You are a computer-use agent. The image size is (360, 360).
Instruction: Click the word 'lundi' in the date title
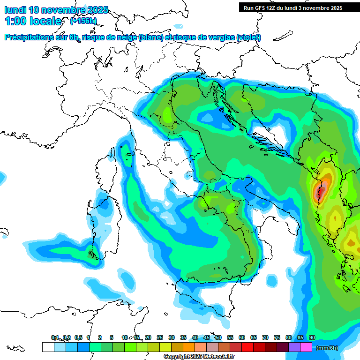click(x=15, y=9)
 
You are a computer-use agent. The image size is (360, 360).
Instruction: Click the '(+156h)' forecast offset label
click(x=83, y=21)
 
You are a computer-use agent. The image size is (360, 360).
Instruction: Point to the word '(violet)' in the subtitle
click(x=248, y=37)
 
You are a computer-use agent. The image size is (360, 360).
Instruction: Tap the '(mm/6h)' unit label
click(x=327, y=347)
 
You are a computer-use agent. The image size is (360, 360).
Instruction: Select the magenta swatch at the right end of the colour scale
click(x=306, y=347)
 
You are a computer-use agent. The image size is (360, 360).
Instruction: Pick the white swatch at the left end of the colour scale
click(x=48, y=347)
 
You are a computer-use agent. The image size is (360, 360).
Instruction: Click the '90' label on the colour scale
click(x=312, y=337)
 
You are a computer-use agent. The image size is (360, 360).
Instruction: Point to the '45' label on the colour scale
click(x=207, y=337)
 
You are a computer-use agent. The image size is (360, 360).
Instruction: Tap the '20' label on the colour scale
click(x=148, y=337)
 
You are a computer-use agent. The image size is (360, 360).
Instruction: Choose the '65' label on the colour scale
click(x=254, y=337)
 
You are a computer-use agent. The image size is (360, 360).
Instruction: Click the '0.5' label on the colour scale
click(x=78, y=337)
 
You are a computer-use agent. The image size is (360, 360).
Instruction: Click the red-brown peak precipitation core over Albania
click(x=321, y=190)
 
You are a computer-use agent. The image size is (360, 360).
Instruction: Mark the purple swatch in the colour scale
click(x=294, y=347)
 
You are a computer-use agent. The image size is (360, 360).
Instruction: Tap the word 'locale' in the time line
click(x=46, y=21)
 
